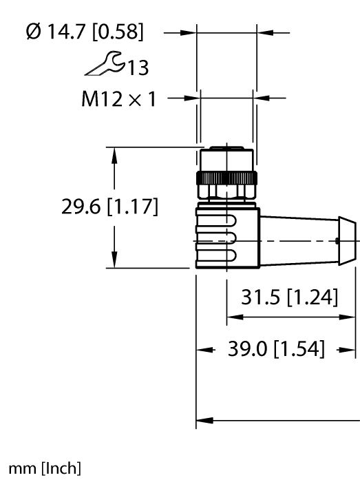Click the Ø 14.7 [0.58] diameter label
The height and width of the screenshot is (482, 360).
pyautogui.click(x=85, y=32)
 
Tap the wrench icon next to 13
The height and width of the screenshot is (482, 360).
pyautogui.click(x=105, y=63)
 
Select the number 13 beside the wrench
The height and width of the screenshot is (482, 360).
pyautogui.click(x=138, y=67)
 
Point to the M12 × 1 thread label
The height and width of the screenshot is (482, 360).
pyautogui.click(x=119, y=99)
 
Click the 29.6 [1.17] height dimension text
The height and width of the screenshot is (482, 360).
pyautogui.click(x=110, y=207)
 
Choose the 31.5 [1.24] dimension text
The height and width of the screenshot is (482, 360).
pyautogui.click(x=289, y=297)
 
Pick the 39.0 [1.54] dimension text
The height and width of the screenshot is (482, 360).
pyautogui.click(x=276, y=348)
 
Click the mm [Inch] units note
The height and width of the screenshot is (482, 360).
pyautogui.click(x=45, y=468)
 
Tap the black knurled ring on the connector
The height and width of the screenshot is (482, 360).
pyautogui.click(x=226, y=178)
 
